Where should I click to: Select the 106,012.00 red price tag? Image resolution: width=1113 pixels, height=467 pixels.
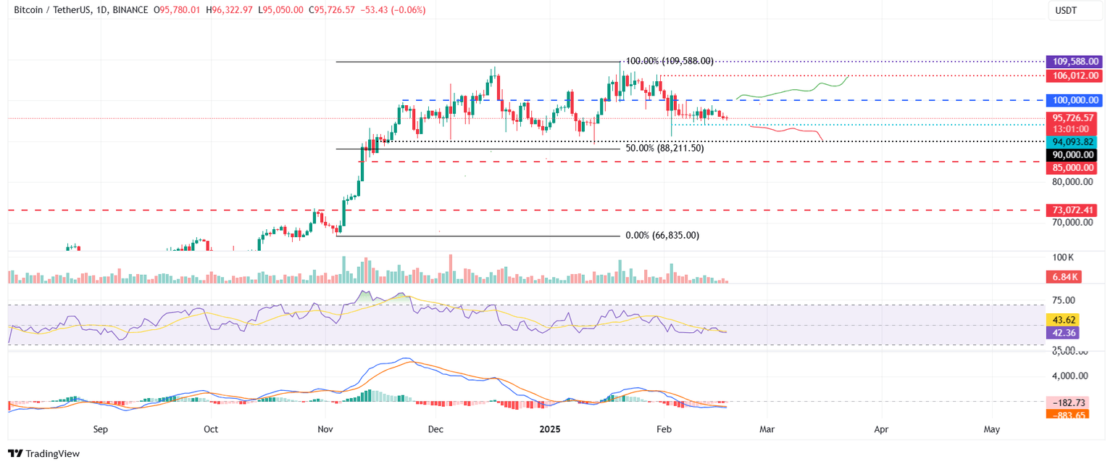[x=1072, y=75]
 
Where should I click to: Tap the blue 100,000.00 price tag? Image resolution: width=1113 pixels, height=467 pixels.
[x=1072, y=100]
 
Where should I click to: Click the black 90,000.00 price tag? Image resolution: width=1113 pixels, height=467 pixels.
[x=1072, y=154]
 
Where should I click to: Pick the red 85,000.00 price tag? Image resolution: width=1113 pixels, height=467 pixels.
[x=1072, y=168]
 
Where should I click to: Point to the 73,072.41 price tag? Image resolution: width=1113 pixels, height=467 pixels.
[x=1072, y=210]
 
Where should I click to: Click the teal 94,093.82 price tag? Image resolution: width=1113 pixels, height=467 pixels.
[x=1072, y=142]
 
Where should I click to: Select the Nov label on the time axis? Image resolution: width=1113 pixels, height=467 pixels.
[x=325, y=429]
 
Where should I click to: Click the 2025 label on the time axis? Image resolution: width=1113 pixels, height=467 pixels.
[x=550, y=429]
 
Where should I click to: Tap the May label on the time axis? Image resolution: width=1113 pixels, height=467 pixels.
[x=992, y=429]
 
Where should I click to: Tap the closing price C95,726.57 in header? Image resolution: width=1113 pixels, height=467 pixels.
[x=344, y=10]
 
